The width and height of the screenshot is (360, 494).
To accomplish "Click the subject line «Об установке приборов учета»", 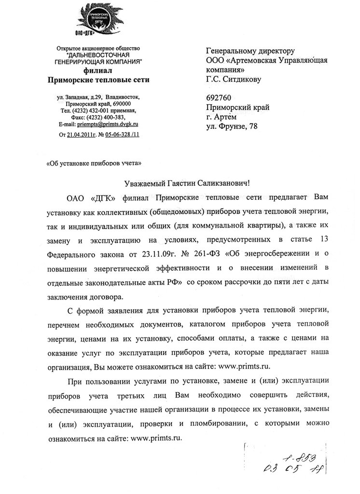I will (94, 163).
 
